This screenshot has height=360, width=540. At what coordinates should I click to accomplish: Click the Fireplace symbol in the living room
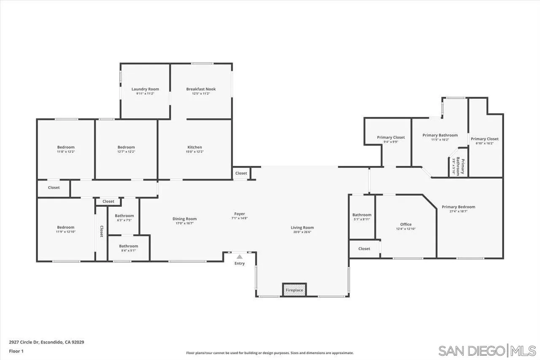point(294,290)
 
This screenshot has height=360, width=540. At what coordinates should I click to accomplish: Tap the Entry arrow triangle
point(240,257)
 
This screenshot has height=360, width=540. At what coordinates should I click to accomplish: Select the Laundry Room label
point(145,89)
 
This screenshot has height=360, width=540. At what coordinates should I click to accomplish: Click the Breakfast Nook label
point(201,89)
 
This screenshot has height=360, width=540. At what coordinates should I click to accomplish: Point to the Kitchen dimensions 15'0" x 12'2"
point(194,152)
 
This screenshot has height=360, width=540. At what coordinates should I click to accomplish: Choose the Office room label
point(405,225)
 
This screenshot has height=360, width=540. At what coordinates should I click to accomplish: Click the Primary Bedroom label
point(458,207)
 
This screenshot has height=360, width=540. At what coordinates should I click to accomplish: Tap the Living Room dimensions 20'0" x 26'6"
point(302,232)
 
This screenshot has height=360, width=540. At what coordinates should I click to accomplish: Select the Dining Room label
point(184,219)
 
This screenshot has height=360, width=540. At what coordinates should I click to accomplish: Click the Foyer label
point(239,214)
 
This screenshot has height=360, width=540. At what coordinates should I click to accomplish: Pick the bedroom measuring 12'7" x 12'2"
point(126,149)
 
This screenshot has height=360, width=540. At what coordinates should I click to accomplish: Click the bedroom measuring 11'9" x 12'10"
point(66,229)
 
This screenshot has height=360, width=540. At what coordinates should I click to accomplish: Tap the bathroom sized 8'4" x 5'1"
point(128,248)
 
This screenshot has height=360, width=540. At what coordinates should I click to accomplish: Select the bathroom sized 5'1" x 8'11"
point(362,217)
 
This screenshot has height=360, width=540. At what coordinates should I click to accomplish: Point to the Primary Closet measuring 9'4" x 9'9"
point(391,139)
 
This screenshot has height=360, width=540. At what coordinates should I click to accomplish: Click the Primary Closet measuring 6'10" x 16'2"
point(484,141)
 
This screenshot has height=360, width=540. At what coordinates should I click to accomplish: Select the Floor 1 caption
point(16,351)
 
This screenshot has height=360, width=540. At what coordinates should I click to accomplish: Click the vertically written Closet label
point(101,231)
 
